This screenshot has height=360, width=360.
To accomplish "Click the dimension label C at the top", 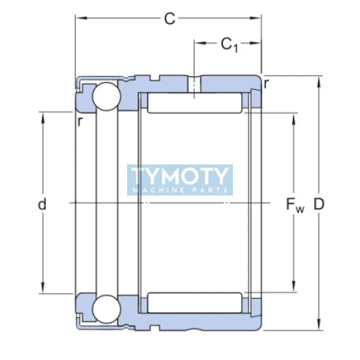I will coord(169,19).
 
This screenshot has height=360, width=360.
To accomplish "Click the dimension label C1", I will coord(229,45).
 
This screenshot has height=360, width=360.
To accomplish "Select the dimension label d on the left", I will coord(42,205).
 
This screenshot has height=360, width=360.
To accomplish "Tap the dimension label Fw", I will coord(295,205).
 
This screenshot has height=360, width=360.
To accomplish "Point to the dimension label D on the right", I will coord(319,205).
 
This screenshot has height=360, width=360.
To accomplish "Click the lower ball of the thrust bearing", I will coord(106,309).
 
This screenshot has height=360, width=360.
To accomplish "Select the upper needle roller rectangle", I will coord(194,103).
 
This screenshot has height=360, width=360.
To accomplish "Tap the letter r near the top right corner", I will coord(267,83).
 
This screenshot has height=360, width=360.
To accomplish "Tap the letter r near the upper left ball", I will coord(80,121).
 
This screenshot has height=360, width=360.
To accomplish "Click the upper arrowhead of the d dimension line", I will coord(43,116).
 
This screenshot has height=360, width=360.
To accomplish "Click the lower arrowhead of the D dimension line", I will coord(319,327).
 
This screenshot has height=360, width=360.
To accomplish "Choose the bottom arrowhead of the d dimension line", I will coord(43,289).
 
